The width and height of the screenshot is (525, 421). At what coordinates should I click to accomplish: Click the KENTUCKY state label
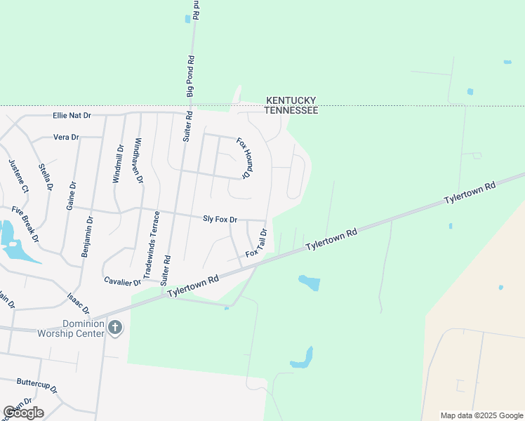coord(291,101)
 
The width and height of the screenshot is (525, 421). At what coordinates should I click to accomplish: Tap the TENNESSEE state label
coord(291,111)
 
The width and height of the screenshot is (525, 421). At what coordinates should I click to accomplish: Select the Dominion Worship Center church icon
coord(116,327)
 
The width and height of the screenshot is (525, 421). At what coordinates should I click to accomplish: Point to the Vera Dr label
coord(66,137)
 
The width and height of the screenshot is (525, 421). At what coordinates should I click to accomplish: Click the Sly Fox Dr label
coord(220,220)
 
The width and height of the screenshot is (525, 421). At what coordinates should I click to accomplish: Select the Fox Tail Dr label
coord(256,242)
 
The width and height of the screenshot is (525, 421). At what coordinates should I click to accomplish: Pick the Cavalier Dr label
coord(122,282)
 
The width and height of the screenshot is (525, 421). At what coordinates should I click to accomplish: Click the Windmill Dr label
coord(117,164)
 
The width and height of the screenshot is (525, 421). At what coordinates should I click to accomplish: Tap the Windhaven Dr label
coord(138,161)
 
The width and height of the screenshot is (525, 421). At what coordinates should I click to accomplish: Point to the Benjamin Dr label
coord(88,236)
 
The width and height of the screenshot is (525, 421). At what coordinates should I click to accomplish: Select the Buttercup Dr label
coord(36,384)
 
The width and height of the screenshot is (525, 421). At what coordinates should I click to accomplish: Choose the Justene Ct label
coord(18,176)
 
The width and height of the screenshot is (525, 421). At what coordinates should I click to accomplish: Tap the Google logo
coord(23,413)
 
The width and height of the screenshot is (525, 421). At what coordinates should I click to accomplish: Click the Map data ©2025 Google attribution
coord(481,415)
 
